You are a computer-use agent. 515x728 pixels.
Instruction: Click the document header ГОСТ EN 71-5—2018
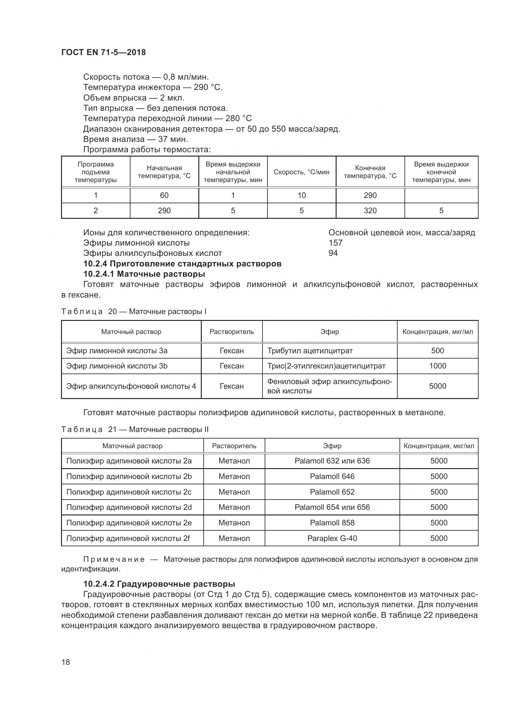click(103, 52)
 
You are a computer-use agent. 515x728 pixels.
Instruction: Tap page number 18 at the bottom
click(66, 662)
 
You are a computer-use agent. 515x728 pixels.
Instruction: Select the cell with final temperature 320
click(370, 210)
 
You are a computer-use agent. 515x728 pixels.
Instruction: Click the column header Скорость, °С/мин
click(302, 172)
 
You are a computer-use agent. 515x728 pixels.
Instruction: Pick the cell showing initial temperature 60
click(164, 195)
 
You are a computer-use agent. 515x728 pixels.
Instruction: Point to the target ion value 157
click(336, 243)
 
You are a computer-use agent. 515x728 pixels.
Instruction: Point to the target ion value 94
click(333, 253)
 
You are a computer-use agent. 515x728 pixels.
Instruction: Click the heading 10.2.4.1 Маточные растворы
click(144, 274)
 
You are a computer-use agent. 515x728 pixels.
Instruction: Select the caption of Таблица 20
click(134, 312)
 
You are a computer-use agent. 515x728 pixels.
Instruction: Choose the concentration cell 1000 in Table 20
click(437, 366)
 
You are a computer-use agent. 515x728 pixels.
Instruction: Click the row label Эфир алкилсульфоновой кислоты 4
click(131, 386)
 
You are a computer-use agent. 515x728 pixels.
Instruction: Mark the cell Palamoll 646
click(332, 477)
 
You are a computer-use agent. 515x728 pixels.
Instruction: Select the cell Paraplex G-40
click(332, 538)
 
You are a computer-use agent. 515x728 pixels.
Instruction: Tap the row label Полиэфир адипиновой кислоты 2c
click(129, 492)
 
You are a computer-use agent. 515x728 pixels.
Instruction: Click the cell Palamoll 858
click(332, 523)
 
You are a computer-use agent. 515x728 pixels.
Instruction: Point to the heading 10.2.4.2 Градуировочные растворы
click(159, 584)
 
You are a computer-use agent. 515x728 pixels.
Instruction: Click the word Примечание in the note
click(114, 559)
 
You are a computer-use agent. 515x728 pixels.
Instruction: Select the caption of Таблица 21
click(135, 430)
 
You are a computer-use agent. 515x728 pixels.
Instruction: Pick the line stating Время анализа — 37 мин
click(135, 139)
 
